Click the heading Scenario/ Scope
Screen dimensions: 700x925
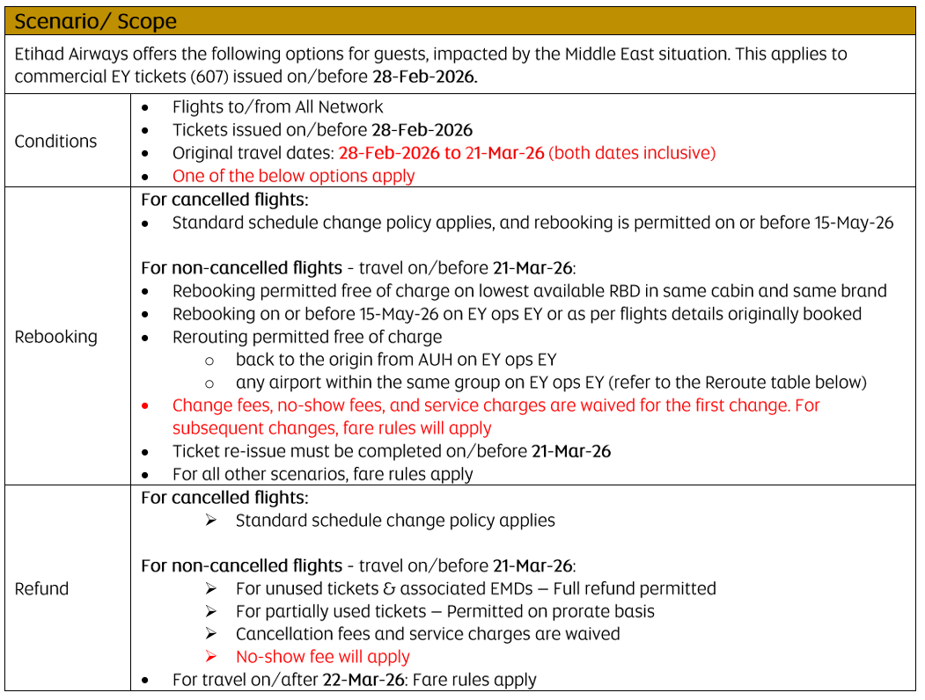(x=95, y=21)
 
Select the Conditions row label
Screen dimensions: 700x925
(x=55, y=141)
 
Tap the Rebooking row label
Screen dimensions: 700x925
(x=55, y=337)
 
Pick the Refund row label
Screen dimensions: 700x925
(x=41, y=588)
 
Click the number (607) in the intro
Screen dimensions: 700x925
(x=208, y=77)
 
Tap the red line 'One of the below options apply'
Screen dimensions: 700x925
(x=293, y=176)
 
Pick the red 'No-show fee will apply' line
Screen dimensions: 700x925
(x=322, y=657)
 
